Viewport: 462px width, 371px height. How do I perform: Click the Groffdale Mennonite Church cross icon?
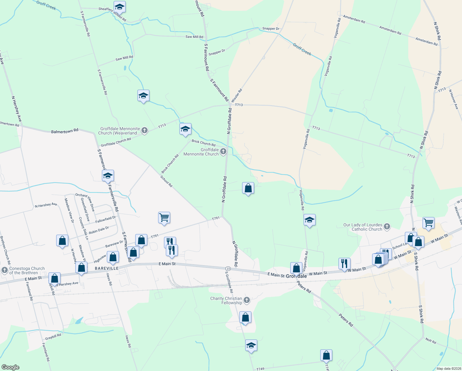[x=224, y=151]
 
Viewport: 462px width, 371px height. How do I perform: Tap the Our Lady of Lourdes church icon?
[x=387, y=227]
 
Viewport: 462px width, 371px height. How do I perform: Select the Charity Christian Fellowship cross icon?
[x=246, y=300]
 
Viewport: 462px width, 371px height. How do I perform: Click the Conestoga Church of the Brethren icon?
[x=4, y=270]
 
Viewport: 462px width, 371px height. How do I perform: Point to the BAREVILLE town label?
[x=107, y=268]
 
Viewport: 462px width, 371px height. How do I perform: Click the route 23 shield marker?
[x=228, y=268]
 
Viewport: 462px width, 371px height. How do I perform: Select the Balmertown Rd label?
[x=65, y=131]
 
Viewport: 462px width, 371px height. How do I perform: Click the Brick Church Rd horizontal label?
[x=204, y=143]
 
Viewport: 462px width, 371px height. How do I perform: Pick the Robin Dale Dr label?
[x=99, y=230]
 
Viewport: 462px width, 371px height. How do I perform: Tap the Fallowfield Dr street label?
[x=105, y=219]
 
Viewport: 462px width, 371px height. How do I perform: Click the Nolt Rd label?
[x=430, y=341]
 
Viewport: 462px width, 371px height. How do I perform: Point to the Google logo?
[x=10, y=367]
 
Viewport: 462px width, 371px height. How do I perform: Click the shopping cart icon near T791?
[x=164, y=217]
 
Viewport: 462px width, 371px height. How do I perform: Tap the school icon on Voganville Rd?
[x=309, y=220]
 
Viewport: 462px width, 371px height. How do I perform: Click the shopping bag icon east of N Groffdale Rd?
[x=248, y=188]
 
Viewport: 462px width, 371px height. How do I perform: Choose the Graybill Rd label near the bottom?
[x=53, y=336]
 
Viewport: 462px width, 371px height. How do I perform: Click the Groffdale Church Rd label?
[x=116, y=142]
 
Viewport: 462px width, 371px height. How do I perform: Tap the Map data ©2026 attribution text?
[x=448, y=369]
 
